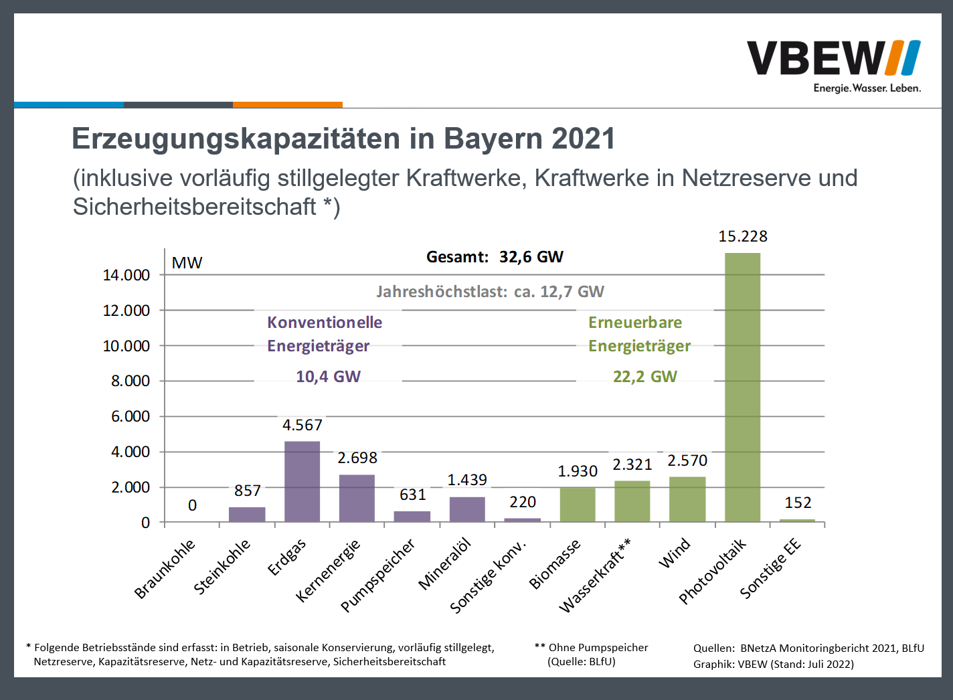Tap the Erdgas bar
tap(302, 481)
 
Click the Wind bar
tap(687, 499)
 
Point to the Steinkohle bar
tap(247, 514)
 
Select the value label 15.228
tap(743, 236)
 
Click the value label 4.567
tap(302, 425)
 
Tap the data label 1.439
tap(467, 480)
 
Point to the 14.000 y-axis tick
tap(126, 275)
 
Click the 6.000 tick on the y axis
tap(131, 416)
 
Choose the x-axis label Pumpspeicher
tap(378, 575)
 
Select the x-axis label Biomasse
tap(555, 564)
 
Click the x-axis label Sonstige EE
tap(770, 568)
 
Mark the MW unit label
tap(187, 263)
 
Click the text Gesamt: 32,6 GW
tap(495, 257)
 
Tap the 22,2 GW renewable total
tap(645, 377)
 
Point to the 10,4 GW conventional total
tap(328, 377)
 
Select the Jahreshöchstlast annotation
tap(490, 292)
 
